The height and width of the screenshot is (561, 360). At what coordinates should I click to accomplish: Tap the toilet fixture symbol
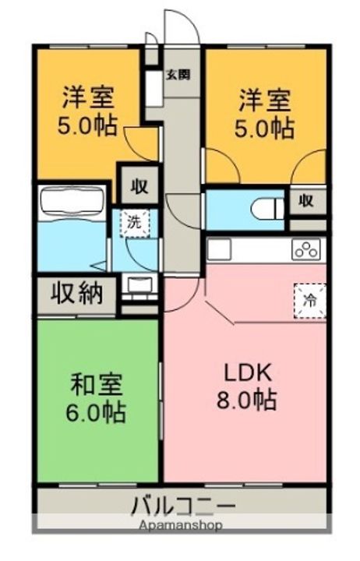[267, 209]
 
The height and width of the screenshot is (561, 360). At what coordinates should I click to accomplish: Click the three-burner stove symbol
[306, 249]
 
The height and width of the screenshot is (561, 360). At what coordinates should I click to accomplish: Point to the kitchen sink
[220, 249]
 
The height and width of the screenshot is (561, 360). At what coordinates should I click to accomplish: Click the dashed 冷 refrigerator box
[310, 301]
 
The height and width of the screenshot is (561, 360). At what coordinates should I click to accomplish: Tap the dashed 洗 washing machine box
[135, 224]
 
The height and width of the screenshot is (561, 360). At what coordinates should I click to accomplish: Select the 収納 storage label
[76, 293]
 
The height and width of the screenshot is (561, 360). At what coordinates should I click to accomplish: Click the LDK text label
[247, 373]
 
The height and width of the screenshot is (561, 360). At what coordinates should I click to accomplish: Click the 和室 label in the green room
[97, 385]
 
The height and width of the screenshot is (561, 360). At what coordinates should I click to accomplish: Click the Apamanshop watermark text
[181, 526]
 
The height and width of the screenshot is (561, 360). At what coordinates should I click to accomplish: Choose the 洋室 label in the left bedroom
[89, 97]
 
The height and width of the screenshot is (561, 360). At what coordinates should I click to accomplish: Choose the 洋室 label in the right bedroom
[265, 100]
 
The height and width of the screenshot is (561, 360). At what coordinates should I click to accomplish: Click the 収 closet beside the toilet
[306, 202]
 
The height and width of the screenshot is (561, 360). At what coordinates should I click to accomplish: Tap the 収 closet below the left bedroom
[139, 186]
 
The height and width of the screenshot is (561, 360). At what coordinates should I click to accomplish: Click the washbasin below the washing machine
[139, 286]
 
